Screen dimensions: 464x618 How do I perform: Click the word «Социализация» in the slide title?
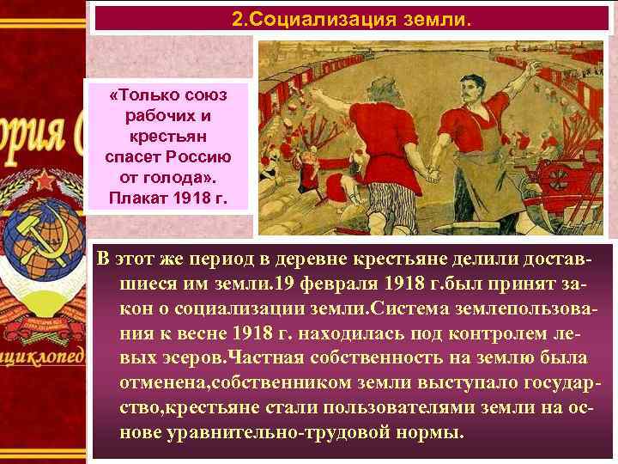337,18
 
